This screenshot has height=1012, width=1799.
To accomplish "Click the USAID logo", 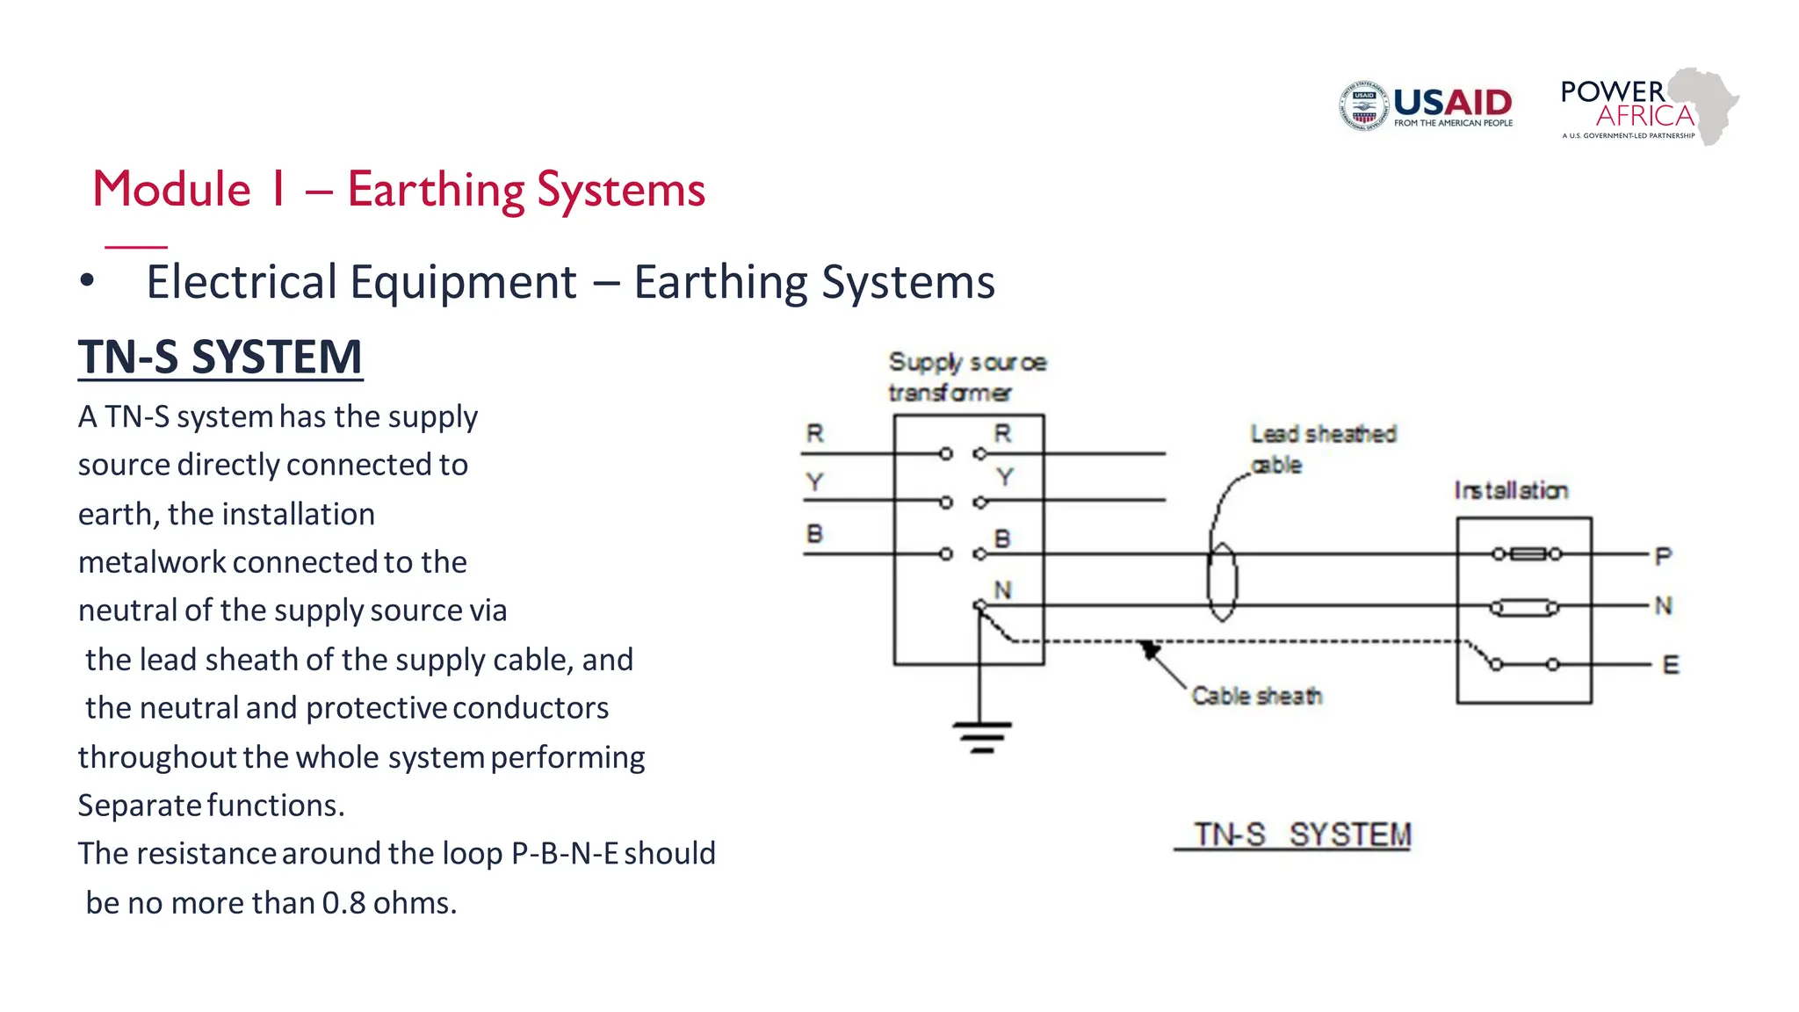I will pos(1427,106).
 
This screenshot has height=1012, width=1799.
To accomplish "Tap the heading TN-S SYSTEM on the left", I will pos(220,357).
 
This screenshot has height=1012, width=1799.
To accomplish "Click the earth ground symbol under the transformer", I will pos(982,736).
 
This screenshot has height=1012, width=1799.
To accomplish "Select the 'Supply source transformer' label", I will pos(966,377).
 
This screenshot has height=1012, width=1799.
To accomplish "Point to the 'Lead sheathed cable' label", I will pos(1322,448).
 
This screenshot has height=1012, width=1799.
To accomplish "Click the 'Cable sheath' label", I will pos(1256,696).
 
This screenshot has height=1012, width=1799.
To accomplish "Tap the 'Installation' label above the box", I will pos(1511,490).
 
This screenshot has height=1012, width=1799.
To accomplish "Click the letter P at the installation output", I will pos(1663,555).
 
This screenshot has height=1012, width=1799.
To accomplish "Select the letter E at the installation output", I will pos(1671,665).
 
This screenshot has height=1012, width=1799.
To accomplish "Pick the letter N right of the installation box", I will pos(1663,605).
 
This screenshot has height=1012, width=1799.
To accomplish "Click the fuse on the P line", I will pos(1527,553).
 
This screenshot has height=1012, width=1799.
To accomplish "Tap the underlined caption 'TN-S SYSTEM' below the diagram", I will pos(1302,834).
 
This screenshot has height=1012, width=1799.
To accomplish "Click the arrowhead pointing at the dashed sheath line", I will pos(1149,650).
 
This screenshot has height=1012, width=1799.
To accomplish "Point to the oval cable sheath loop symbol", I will pos(1222,582).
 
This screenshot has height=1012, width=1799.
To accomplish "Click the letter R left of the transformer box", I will pos(815,433).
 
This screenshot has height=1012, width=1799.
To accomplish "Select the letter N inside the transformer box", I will pos(1002,590).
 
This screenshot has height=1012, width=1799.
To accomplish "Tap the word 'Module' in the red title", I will pos(172,189).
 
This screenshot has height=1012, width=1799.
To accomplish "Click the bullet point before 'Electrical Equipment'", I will pos(86,281).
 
